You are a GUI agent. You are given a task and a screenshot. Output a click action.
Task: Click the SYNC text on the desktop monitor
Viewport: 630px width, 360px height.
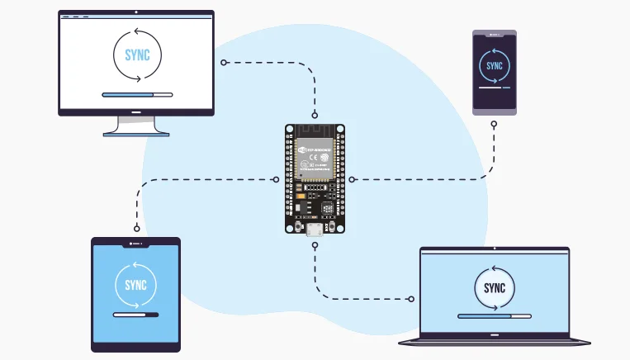click(x=137, y=55)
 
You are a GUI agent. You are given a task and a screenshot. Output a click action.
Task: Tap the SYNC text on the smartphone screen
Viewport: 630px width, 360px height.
click(x=494, y=66)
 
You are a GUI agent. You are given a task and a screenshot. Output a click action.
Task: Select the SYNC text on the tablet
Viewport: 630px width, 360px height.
click(x=135, y=285)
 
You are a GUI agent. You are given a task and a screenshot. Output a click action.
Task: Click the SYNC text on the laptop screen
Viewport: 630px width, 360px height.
click(x=495, y=288)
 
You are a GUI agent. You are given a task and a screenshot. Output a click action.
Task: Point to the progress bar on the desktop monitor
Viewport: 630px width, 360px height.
click(x=137, y=95)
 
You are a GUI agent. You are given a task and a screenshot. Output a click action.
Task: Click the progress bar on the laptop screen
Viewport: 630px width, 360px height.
click(x=495, y=315)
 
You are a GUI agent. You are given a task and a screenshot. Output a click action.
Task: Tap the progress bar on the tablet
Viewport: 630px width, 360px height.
click(x=135, y=315)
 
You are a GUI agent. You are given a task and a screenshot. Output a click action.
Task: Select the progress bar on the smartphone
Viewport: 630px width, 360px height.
click(x=494, y=89)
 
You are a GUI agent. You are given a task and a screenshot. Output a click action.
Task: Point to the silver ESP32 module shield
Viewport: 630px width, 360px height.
click(x=315, y=156)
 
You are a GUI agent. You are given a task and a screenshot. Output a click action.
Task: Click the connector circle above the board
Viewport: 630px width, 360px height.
click(x=315, y=114)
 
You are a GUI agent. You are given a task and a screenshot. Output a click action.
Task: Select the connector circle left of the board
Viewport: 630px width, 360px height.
click(x=276, y=178)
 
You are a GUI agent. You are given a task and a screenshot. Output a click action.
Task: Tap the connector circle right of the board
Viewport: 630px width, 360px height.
click(x=352, y=178)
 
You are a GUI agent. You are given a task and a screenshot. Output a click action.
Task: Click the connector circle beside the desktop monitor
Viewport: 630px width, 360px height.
click(x=223, y=62)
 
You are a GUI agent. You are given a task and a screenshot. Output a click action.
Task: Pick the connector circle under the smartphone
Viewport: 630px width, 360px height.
click(x=494, y=125)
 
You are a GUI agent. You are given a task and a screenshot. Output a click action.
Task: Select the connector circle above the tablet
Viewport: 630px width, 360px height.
click(x=135, y=228)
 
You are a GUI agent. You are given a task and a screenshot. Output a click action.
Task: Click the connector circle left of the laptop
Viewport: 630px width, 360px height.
click(x=411, y=298)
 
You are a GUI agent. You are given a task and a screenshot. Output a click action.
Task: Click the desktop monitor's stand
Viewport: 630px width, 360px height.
click(x=136, y=126)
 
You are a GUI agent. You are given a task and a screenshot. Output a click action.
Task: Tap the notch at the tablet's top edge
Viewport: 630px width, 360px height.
click(x=135, y=244)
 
